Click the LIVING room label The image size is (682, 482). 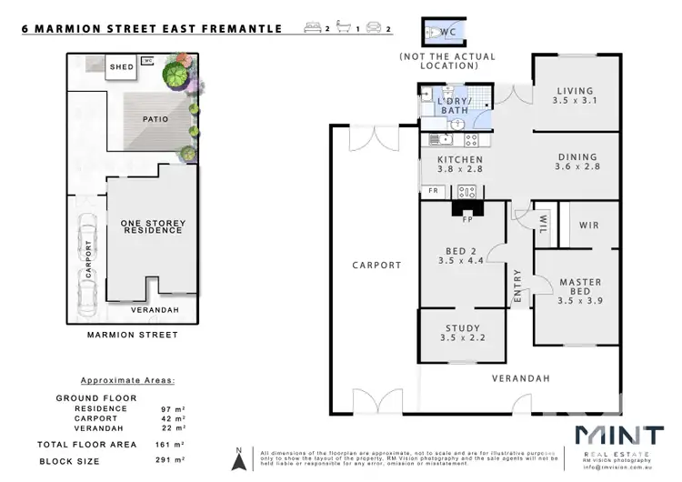click(x=576, y=91)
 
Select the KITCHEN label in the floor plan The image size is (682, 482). click(x=453, y=160)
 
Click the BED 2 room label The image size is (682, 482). click(x=461, y=251)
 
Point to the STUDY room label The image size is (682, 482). click(x=461, y=329)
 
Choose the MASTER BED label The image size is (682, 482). click(x=579, y=283)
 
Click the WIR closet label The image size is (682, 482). click(x=587, y=224)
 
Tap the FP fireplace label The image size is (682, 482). click(x=467, y=219)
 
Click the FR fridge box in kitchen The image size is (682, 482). click(x=433, y=191)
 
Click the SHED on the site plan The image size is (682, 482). click(x=121, y=67)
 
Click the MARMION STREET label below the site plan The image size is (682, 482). click(x=132, y=335)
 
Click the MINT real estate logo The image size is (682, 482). click(x=617, y=435)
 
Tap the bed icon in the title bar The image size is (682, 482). click(x=314, y=29)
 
